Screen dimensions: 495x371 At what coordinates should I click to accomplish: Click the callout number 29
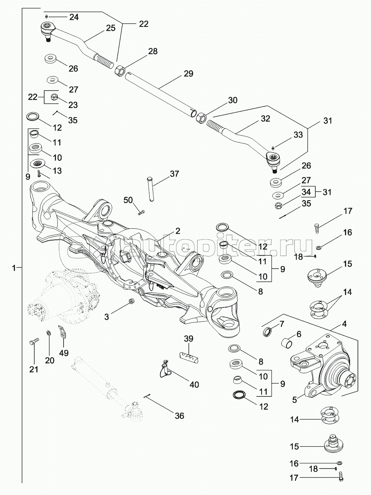click(x=188, y=74)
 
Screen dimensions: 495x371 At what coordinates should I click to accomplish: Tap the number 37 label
click(x=174, y=174)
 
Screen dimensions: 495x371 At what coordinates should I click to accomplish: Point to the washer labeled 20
click(x=48, y=332)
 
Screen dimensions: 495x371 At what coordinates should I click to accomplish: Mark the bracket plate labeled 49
click(x=62, y=331)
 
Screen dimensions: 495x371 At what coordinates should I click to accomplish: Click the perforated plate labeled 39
click(x=188, y=357)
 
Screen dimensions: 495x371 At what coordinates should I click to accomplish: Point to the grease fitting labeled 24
click(x=47, y=17)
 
